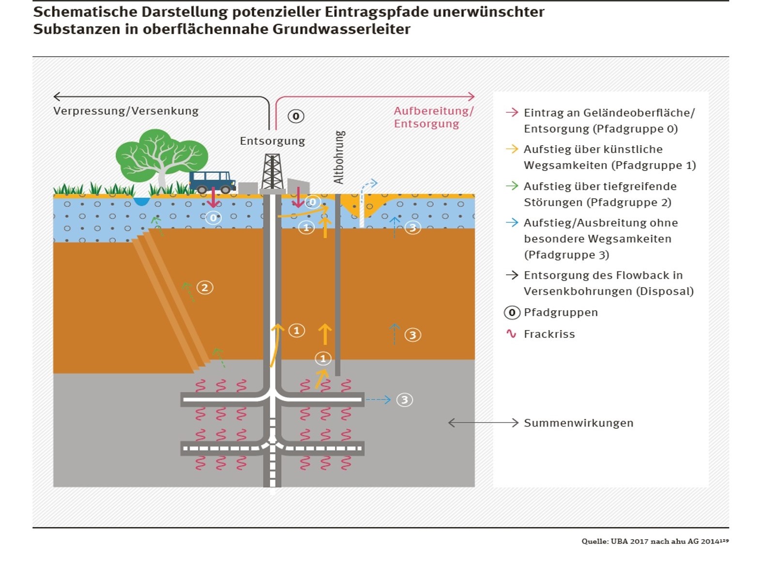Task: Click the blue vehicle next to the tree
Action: coord(212,182)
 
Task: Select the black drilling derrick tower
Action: coord(272,171)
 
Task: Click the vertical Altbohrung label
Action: coord(339,157)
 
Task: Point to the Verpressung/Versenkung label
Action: coord(126,111)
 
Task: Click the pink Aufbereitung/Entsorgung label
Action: coord(433,117)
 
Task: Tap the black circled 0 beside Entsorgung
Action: coord(296,116)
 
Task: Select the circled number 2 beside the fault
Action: coord(205,288)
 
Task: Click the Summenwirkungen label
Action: coord(578,423)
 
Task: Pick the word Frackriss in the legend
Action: coord(549,334)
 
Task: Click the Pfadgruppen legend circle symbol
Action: coord(512,313)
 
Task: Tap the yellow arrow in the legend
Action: coord(512,149)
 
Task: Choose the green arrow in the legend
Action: coord(512,186)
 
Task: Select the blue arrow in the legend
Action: coord(512,223)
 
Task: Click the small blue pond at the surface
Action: coord(141,201)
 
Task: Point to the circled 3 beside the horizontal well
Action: coord(404,400)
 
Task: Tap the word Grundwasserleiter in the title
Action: coord(341,29)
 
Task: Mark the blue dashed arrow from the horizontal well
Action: coord(378,400)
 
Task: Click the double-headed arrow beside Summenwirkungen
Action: coord(483,423)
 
